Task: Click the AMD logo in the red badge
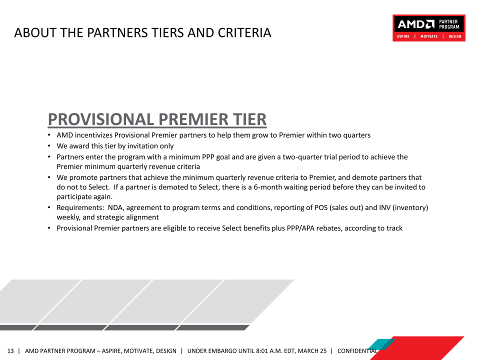415,24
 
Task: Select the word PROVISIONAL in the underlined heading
100,119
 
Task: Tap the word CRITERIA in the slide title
244,33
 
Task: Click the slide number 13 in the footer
10,351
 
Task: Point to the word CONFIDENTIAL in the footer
357,351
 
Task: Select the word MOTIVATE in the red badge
429,36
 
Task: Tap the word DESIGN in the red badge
455,36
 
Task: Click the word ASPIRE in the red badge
403,36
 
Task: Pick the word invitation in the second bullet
145,146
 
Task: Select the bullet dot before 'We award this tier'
49,146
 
